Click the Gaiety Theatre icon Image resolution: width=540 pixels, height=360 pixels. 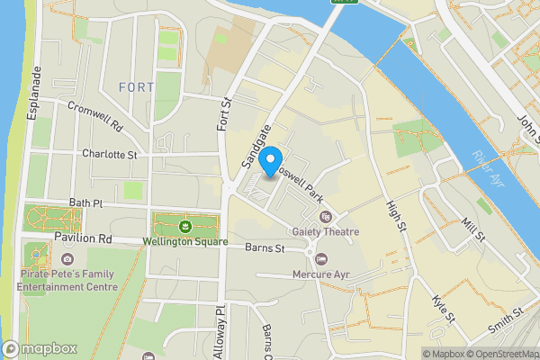(326, 216)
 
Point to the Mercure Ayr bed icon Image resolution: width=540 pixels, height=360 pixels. (319, 260)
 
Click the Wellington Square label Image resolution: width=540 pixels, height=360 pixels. (184, 240)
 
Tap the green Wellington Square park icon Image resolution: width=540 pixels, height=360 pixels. (184, 225)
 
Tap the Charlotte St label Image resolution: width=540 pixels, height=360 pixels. (109, 154)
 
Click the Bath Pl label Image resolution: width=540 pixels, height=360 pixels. (86, 204)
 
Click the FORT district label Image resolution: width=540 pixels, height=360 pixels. (135, 86)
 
